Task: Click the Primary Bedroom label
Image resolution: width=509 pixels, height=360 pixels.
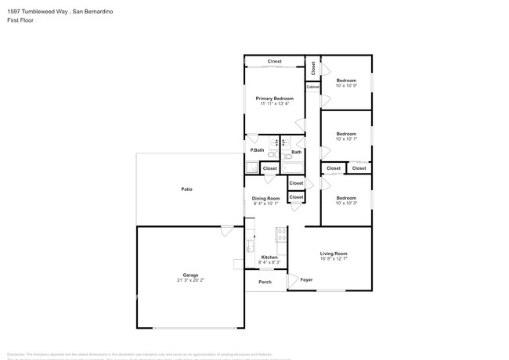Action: (x=274, y=98)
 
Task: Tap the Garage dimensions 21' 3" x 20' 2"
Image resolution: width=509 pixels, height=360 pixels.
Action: (x=190, y=280)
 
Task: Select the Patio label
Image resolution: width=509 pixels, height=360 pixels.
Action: (x=187, y=189)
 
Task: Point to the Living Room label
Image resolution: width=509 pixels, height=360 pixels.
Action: (x=334, y=254)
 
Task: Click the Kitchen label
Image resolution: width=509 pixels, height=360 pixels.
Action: (x=269, y=257)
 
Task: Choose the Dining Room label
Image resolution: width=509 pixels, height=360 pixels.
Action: (x=266, y=199)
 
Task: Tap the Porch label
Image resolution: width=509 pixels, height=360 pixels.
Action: (x=265, y=282)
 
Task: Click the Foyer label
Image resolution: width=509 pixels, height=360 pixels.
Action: (x=306, y=279)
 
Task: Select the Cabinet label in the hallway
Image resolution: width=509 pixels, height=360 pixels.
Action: (x=312, y=87)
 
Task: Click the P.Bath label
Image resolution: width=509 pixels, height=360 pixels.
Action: (x=256, y=150)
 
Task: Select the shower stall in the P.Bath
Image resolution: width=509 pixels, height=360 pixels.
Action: (x=251, y=167)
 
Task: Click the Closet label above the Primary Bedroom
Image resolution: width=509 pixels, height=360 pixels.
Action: (x=274, y=61)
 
